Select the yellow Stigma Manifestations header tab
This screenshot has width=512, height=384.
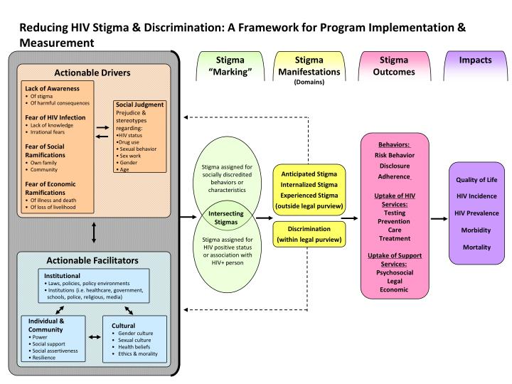tap(309, 66)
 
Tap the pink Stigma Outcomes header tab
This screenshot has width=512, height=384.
tap(393, 66)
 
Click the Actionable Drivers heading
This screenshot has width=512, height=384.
tap(93, 73)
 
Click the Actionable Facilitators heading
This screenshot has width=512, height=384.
tap(93, 260)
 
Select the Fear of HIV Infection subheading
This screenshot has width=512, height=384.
tap(55, 117)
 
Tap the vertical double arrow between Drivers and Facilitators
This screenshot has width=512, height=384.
tap(93, 233)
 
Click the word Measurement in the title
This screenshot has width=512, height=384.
tap(57, 43)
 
